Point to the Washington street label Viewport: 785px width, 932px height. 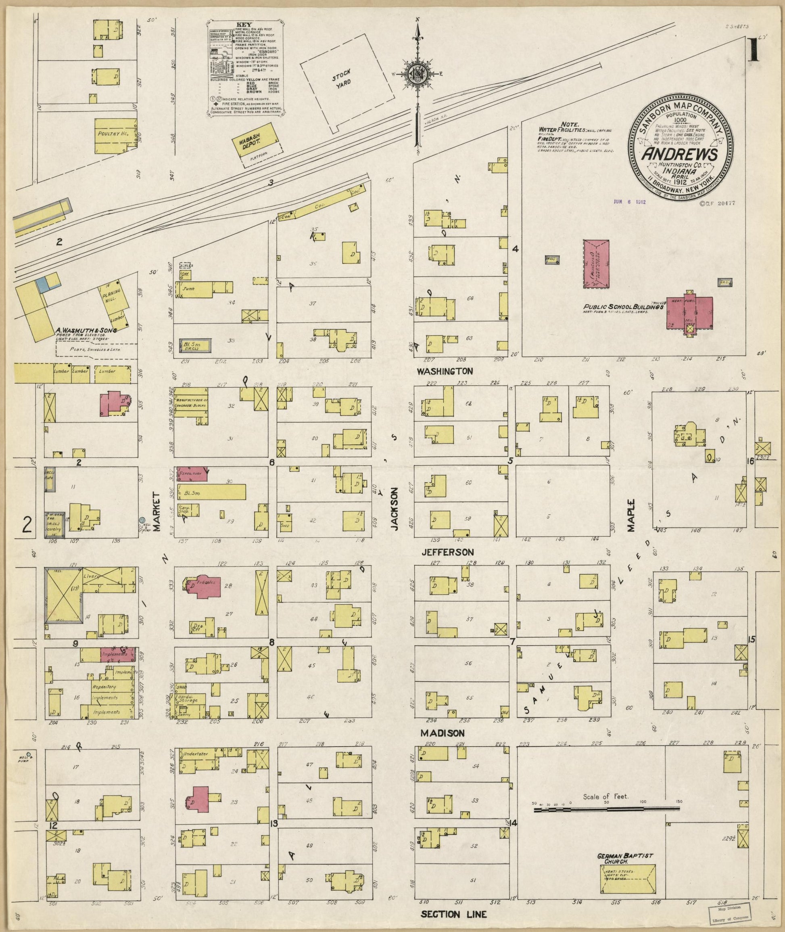[445, 371]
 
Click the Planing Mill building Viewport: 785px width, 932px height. [111, 294]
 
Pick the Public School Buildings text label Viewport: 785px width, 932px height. [624, 306]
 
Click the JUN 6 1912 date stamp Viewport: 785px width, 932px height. [629, 201]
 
